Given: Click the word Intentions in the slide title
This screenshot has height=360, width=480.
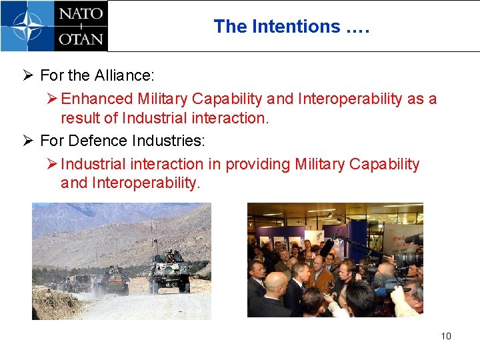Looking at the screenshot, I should click(x=296, y=27).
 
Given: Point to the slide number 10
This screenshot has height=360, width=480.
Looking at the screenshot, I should click(x=446, y=335).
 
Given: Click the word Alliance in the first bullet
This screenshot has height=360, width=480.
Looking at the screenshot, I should click(x=127, y=75).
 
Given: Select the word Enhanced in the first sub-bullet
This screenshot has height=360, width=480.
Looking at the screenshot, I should click(x=97, y=99).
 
